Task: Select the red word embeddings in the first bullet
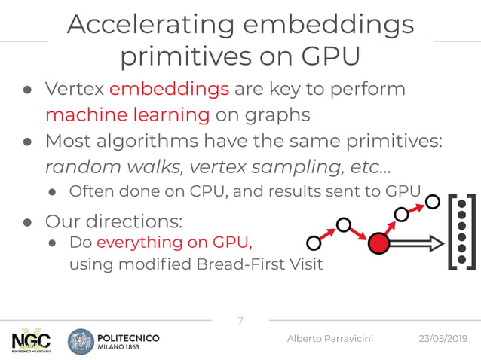click(169, 89)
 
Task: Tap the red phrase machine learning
click(127, 115)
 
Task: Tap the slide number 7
click(240, 322)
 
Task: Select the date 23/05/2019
click(443, 340)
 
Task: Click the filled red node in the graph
click(378, 243)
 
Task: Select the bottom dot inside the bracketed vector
click(462, 261)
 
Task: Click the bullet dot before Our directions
click(26, 223)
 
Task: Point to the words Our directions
click(113, 223)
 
